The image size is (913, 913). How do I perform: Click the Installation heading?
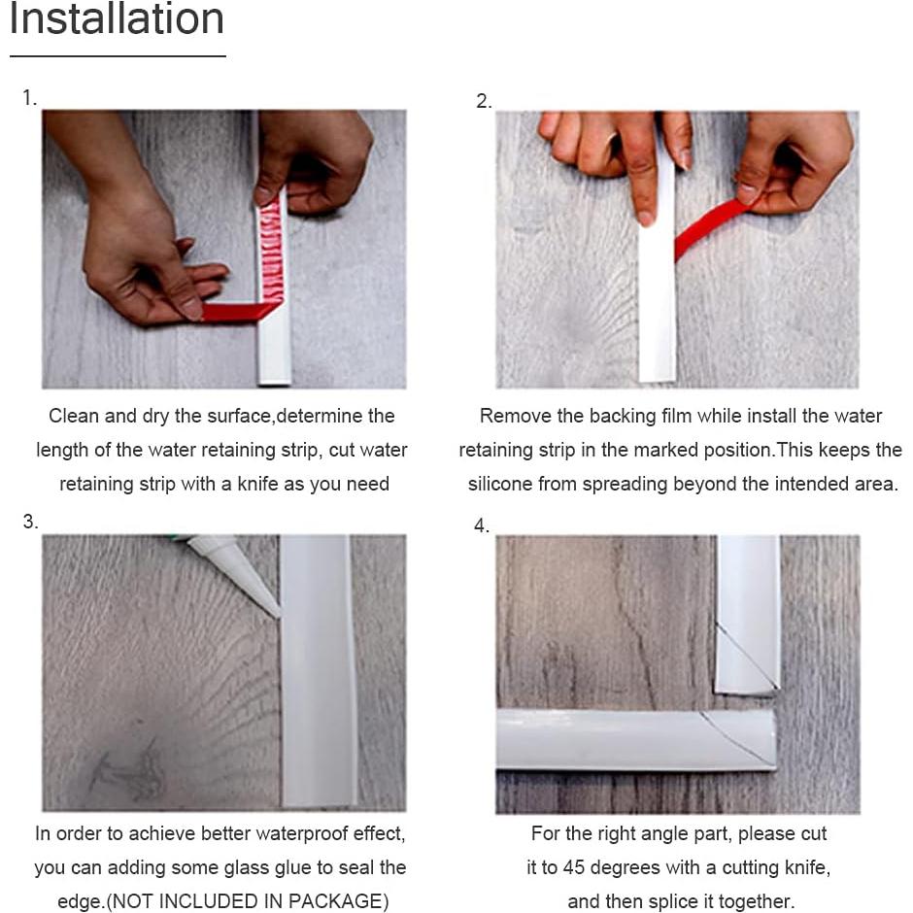click(117, 18)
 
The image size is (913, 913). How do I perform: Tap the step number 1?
click(29, 98)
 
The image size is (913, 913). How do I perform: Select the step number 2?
click(484, 101)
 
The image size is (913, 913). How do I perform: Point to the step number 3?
click(30, 522)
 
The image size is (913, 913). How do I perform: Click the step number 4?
click(482, 525)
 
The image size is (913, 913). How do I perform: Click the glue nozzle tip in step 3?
click(279, 615)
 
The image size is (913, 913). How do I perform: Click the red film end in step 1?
click(205, 312)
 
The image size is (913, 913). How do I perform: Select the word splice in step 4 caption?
click(690, 901)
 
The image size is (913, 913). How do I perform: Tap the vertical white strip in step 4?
click(748, 614)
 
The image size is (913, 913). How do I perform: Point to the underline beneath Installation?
click(118, 56)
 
